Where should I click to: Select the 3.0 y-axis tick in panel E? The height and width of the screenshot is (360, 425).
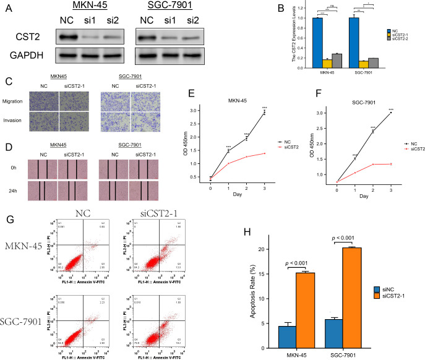click(x=210, y=111)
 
